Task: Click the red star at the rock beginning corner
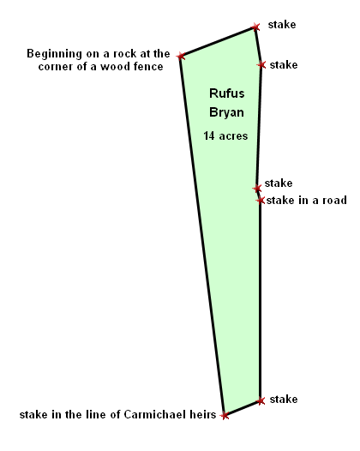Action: (181, 56)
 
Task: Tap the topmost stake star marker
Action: (255, 27)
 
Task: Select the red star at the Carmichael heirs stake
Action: (225, 415)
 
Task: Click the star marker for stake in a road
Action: (261, 200)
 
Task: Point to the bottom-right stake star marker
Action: (261, 400)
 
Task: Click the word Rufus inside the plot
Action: (227, 93)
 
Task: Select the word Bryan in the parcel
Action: (226, 112)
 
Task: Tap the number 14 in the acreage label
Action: (209, 135)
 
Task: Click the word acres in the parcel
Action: (233, 136)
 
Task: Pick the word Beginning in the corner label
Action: (54, 54)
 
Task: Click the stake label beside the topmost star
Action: (282, 25)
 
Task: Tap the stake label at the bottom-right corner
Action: (284, 400)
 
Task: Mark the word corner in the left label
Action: (56, 67)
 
